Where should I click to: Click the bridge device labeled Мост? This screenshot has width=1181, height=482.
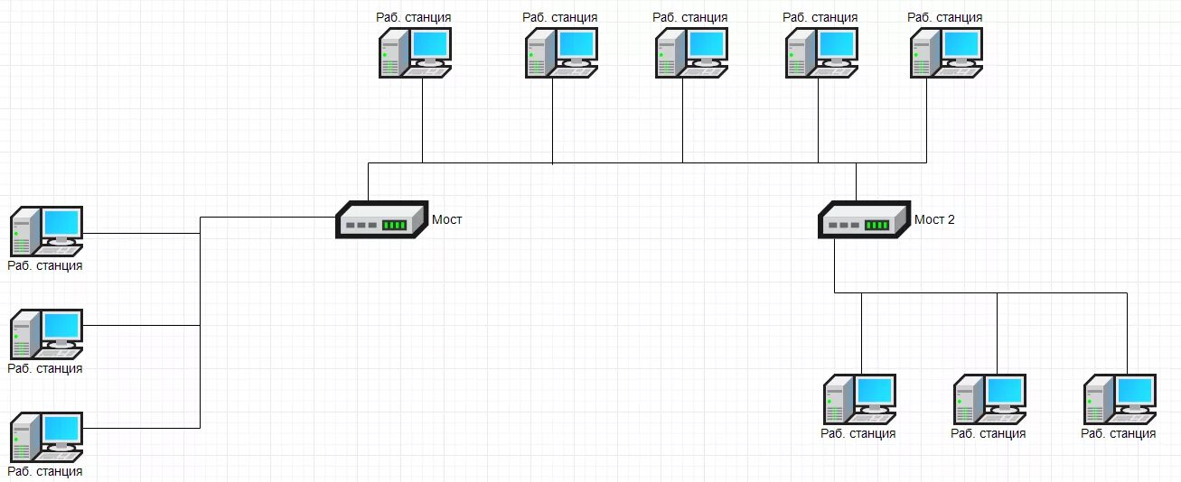coord(380,220)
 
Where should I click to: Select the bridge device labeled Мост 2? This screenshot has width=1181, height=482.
coord(863,220)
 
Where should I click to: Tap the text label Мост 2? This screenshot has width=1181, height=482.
coord(934,219)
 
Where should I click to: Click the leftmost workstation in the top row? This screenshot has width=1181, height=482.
coord(415,52)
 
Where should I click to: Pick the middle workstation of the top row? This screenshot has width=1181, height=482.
coord(690,52)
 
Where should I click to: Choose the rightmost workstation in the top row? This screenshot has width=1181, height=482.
coord(946,52)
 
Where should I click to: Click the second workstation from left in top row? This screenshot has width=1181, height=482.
coord(560,52)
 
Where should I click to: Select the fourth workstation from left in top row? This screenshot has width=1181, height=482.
coord(820,52)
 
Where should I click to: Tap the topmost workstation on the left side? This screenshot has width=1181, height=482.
coord(47,231)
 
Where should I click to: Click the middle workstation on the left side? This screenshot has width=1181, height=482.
coord(47,334)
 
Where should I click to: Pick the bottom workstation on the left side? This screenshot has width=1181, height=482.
coord(47,437)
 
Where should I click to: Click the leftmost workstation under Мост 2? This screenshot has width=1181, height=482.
coord(859,399)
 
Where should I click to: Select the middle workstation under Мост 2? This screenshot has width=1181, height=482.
coord(989,399)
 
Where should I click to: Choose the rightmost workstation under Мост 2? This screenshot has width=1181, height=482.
coord(1120,399)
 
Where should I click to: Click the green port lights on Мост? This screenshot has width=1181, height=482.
coord(395,225)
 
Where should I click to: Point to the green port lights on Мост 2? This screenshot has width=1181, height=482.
coord(877,225)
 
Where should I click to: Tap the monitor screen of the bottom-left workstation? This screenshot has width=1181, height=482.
coord(62,428)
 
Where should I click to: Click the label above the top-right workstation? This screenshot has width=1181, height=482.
coord(945,17)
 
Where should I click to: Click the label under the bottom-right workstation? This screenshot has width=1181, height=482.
coord(1118,433)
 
